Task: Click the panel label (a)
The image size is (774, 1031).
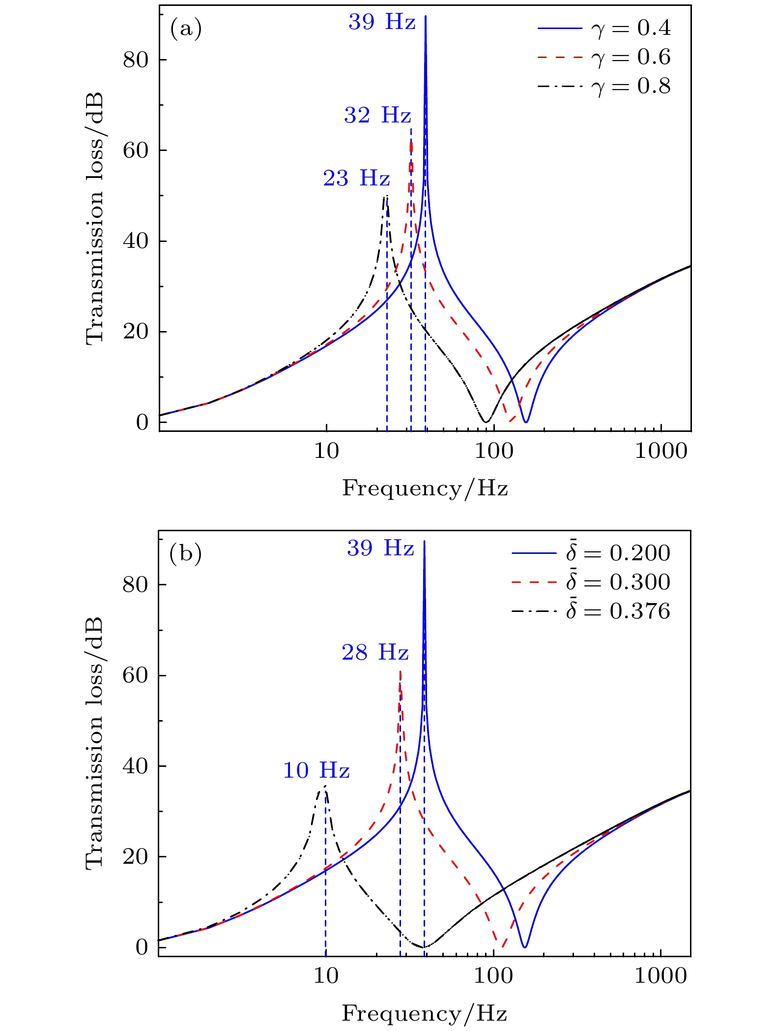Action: click(186, 30)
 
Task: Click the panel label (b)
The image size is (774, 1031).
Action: click(185, 554)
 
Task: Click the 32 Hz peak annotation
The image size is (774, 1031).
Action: click(377, 116)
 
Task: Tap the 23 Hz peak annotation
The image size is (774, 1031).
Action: click(356, 179)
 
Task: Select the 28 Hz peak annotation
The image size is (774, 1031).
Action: click(375, 653)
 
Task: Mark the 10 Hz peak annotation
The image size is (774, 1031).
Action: click(316, 770)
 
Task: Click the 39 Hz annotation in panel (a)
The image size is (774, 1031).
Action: click(382, 23)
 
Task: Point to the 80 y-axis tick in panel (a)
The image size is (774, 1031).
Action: click(136, 60)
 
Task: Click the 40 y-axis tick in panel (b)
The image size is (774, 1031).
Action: click(136, 766)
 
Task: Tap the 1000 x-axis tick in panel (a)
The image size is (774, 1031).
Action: click(661, 451)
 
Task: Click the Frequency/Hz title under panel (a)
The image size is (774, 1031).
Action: click(425, 488)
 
